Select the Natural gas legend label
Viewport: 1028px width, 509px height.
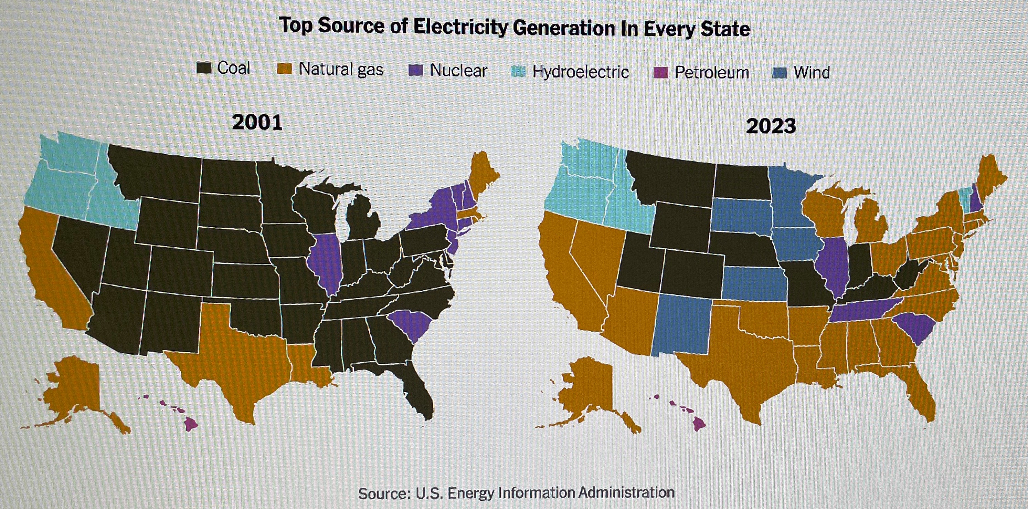(341, 69)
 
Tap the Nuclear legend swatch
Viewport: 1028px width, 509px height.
(416, 71)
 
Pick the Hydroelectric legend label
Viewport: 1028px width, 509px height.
(581, 72)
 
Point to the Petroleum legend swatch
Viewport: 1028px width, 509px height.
(660, 73)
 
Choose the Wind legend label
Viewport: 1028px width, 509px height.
(812, 73)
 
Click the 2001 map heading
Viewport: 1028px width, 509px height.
(257, 122)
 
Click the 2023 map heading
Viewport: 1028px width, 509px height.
(771, 126)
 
